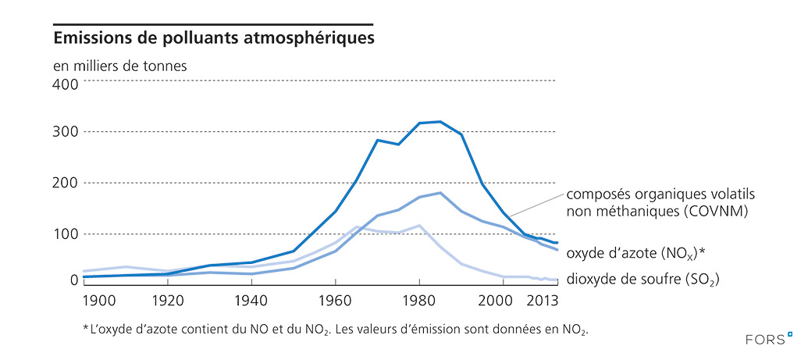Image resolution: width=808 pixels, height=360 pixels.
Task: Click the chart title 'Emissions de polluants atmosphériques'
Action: tap(212, 37)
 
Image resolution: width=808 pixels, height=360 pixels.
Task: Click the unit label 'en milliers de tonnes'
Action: tap(119, 66)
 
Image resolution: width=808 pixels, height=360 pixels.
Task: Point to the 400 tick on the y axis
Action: tap(66, 81)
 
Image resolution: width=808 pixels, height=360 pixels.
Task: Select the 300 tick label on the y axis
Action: tap(66, 132)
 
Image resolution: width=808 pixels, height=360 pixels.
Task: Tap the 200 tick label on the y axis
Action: tap(66, 183)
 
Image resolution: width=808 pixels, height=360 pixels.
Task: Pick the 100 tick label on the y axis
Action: tap(66, 233)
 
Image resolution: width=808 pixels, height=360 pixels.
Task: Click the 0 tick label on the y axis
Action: tap(74, 279)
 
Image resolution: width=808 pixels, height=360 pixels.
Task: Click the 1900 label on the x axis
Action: tap(98, 300)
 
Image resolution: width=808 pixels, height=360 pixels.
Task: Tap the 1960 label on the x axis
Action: tap(335, 300)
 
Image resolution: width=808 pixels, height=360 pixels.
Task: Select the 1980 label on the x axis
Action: tap(419, 300)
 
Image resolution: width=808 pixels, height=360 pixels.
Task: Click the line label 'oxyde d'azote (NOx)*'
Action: tap(635, 253)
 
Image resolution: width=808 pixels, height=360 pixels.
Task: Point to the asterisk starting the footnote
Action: tap(85, 329)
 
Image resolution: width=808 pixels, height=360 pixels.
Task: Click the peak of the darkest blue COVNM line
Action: tap(440, 122)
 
